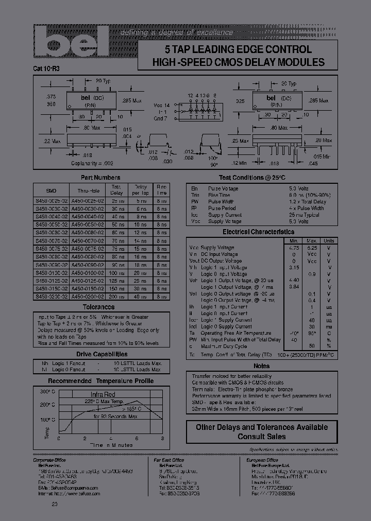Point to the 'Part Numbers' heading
[x=98, y=177]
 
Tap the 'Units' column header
[x=328, y=240]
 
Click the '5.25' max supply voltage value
[x=312, y=247]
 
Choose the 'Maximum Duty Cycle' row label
[x=224, y=346]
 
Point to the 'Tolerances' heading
[x=98, y=307]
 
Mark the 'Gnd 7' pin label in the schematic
[x=161, y=118]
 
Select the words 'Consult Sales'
[x=262, y=437]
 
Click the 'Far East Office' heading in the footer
[x=169, y=460]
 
